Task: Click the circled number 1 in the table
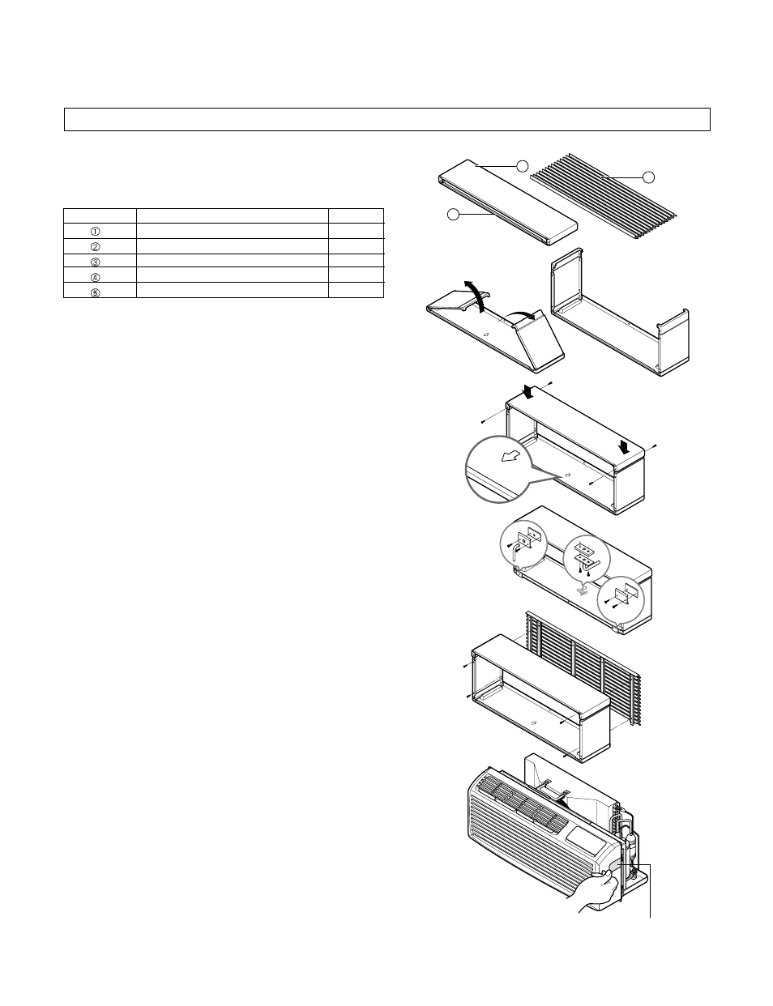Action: [x=95, y=231]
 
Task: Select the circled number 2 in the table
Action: [x=95, y=246]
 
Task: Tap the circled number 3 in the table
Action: [x=95, y=262]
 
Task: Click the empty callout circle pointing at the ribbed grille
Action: [x=648, y=177]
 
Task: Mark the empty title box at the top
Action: [x=386, y=119]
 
